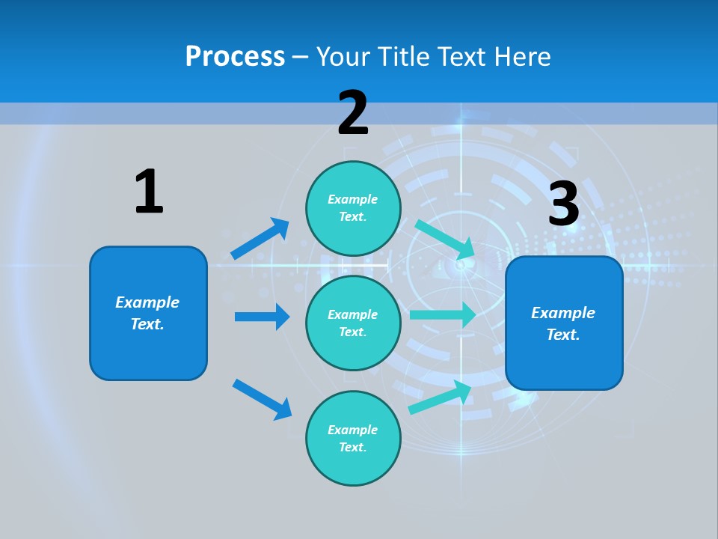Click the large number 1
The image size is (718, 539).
[149, 192]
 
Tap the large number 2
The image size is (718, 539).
[353, 113]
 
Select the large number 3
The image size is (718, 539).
[564, 204]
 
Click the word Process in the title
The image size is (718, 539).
[235, 56]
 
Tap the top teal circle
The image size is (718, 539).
[353, 208]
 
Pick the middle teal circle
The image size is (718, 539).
[353, 323]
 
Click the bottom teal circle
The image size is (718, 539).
[353, 438]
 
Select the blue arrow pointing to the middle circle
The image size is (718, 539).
[262, 317]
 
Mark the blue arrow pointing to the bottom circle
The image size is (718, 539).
[262, 398]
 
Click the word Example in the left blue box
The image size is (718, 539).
[147, 302]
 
